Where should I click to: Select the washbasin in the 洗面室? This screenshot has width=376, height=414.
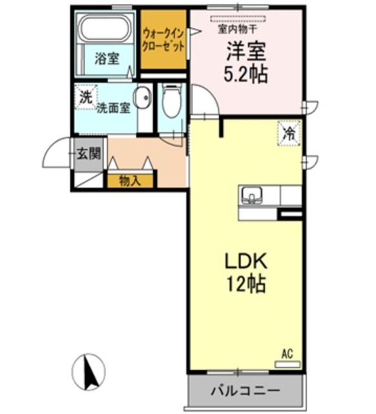142,98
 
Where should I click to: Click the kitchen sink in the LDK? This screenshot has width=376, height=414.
251,195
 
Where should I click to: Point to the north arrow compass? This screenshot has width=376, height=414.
89,372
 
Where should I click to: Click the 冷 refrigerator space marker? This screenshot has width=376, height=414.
289,133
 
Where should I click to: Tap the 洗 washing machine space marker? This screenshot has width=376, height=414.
86,97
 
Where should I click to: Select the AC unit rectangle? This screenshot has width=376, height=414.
287,364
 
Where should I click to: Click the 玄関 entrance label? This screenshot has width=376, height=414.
89,153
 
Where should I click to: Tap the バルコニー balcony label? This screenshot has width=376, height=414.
245,390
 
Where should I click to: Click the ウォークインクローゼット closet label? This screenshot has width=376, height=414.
163,40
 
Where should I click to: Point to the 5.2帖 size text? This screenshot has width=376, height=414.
245,74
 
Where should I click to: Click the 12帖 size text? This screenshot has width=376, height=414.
245,284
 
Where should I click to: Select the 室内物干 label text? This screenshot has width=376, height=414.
237,28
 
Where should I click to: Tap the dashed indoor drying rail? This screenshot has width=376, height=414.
238,19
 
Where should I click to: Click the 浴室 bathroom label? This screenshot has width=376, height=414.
107,58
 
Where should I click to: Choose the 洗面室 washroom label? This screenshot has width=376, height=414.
113,108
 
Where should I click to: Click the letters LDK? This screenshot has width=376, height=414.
245,261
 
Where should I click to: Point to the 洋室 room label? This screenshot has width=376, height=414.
246,51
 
